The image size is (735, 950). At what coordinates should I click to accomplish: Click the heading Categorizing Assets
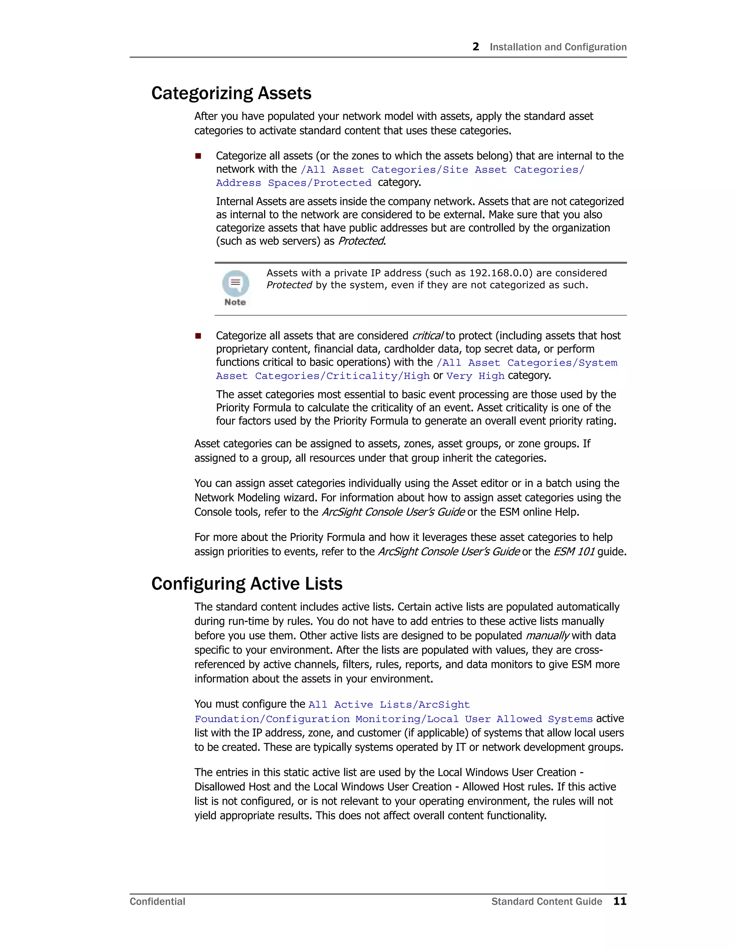tap(231, 93)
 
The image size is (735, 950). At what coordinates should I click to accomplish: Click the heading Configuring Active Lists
tap(247, 584)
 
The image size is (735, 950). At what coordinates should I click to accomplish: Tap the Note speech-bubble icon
tap(235, 284)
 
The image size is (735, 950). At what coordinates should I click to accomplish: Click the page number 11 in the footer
tap(619, 901)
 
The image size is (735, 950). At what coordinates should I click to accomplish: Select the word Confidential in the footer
tap(157, 902)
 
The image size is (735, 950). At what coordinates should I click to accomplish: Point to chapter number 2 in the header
tap(476, 47)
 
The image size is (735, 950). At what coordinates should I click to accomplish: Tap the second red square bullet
tap(198, 336)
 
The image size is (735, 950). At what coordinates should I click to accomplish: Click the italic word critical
tap(427, 336)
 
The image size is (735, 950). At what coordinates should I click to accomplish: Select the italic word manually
tap(547, 636)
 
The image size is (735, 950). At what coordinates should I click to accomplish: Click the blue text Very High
tap(475, 376)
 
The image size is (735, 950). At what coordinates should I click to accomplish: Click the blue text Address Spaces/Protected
tap(294, 183)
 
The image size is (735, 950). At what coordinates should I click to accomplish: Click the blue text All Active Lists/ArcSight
tap(389, 705)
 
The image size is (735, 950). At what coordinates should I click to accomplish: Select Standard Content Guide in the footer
tap(547, 902)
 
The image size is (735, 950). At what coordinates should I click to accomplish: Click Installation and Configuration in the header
tap(558, 47)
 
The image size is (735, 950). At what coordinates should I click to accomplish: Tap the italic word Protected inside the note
tap(289, 285)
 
